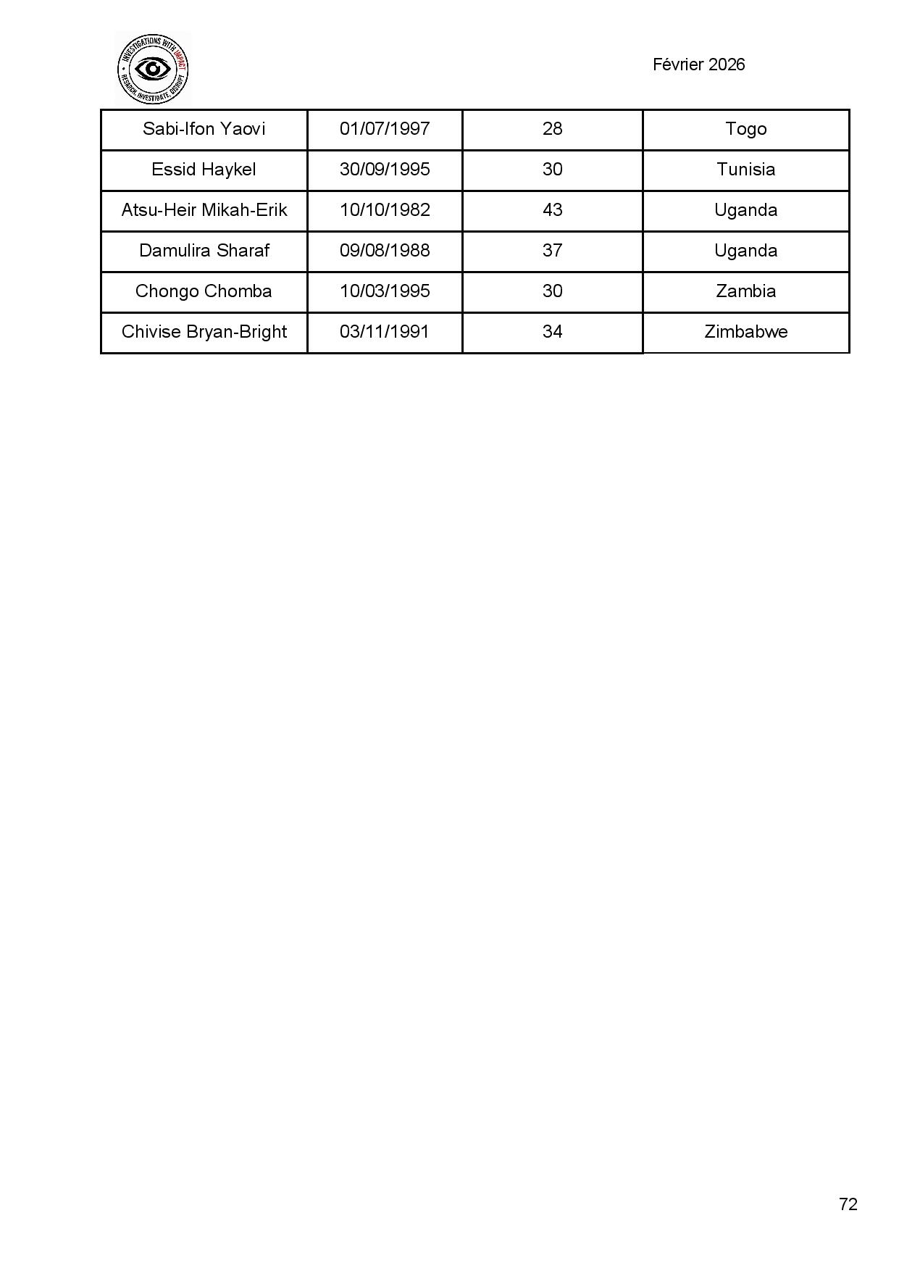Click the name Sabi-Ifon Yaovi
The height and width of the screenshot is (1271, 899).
tap(204, 129)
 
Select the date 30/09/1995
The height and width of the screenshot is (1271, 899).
tap(385, 170)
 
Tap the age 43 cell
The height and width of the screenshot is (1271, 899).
tap(552, 210)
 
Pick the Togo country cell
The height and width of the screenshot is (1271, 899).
tap(745, 129)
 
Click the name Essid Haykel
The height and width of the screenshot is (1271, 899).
tap(204, 170)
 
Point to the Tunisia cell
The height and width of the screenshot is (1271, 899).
tap(745, 170)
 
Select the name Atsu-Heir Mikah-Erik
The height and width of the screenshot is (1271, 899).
tap(204, 210)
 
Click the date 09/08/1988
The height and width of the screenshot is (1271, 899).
tap(385, 251)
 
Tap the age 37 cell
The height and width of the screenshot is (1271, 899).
tap(552, 251)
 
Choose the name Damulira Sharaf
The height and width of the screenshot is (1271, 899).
tap(204, 251)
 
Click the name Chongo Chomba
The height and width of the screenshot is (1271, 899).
tap(204, 291)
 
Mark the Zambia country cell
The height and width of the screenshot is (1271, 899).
tap(745, 291)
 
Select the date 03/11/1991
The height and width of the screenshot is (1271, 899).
tap(385, 332)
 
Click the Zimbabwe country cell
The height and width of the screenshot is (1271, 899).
tap(745, 332)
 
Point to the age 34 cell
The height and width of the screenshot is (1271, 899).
tap(552, 332)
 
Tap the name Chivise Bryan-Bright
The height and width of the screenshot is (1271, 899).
tap(204, 332)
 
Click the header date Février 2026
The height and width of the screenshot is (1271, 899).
tap(698, 64)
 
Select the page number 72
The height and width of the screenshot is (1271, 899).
tap(848, 1204)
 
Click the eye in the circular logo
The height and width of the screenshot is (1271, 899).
tap(153, 69)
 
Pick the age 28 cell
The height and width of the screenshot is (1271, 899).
tap(552, 129)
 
